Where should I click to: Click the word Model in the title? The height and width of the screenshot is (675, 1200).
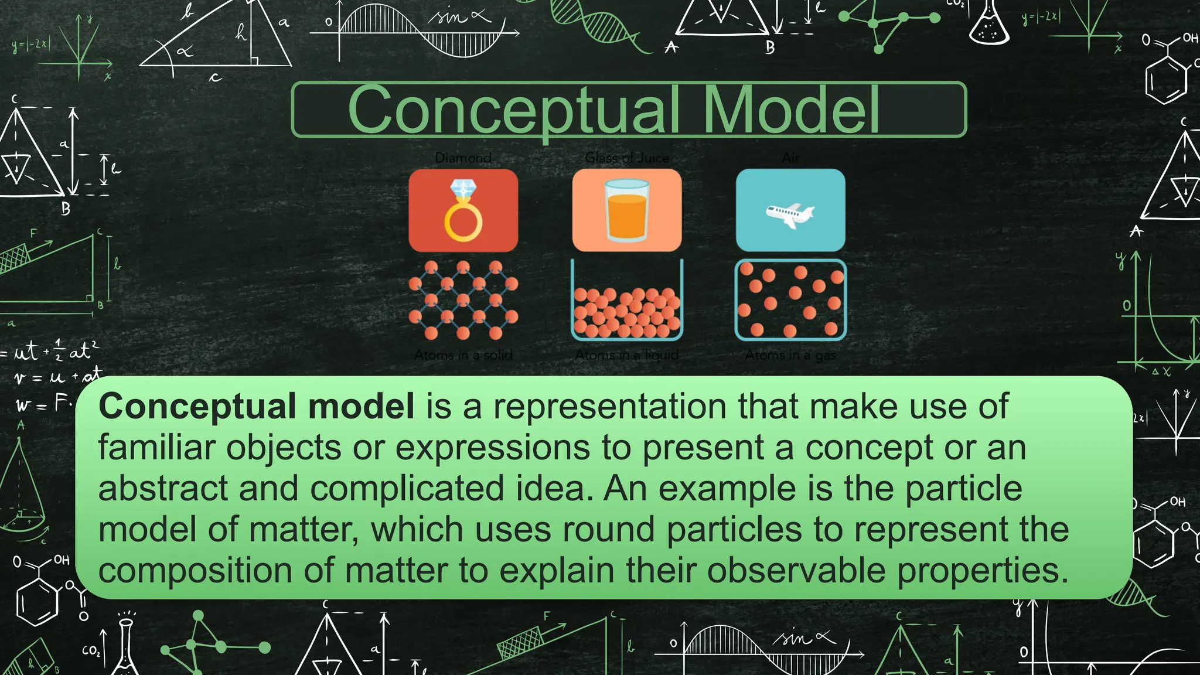pos(791,110)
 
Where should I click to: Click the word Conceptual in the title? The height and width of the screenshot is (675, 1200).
pos(514,110)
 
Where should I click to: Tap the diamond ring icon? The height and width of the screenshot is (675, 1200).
pos(463,211)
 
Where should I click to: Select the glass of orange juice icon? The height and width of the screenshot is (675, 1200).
pos(626,211)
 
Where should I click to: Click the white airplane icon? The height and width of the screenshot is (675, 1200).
pos(790,214)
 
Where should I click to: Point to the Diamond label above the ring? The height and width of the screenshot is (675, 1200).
pos(463,158)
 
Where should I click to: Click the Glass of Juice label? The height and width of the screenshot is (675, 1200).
pos(626,158)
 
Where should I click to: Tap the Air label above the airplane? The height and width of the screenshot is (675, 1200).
pos(790,158)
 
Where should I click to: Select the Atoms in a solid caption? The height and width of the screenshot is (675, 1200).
pos(463,355)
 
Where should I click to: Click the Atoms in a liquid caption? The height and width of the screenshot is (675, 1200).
pos(626,355)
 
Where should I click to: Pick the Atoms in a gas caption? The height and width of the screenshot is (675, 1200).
pos(790,355)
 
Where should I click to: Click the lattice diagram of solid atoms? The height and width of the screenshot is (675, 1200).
pos(463,301)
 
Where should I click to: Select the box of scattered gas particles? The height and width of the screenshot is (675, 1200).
pos(790,300)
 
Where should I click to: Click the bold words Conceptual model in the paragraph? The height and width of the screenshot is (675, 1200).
pos(256,406)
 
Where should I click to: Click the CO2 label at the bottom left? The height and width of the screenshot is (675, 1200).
pos(91,650)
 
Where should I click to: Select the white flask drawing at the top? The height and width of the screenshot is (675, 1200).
pos(990,25)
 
